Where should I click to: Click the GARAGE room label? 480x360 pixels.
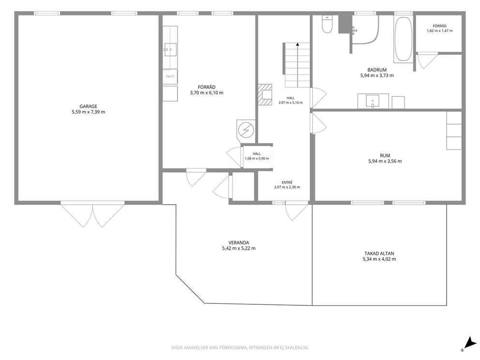(x=89, y=106)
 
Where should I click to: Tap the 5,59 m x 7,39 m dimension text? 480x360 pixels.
(x=89, y=112)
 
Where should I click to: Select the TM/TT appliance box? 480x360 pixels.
(x=170, y=76)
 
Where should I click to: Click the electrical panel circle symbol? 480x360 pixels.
(x=246, y=130)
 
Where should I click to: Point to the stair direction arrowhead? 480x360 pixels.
(x=298, y=45)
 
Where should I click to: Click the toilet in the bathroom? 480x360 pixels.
(x=327, y=24)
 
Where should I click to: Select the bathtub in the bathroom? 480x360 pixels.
(x=403, y=39)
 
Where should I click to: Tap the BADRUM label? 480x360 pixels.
(x=377, y=70)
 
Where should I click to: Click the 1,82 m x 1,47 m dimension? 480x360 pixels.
(x=439, y=30)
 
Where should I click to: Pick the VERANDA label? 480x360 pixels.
(x=239, y=243)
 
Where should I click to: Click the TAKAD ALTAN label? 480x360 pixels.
(x=379, y=254)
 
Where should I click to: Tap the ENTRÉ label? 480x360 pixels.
(x=287, y=182)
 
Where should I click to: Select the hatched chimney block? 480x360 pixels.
(x=265, y=94)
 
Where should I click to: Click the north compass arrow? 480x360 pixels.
(x=470, y=343)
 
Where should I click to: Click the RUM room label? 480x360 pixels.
(x=385, y=155)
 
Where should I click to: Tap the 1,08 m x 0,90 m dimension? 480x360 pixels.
(x=257, y=159)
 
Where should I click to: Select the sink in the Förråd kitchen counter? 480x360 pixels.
(x=170, y=49)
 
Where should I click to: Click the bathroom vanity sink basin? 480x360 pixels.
(x=373, y=101)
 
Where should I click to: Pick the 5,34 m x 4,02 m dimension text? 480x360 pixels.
(x=379, y=259)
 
